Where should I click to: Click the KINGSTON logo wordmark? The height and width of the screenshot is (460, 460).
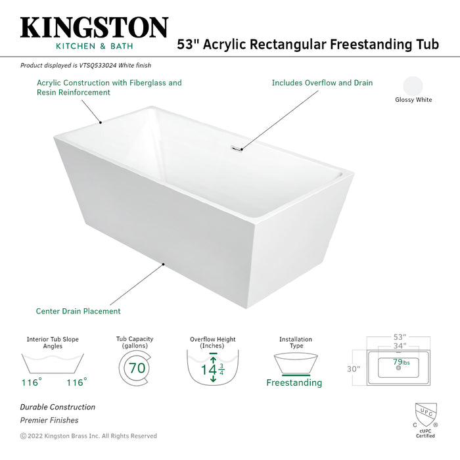tap(94, 28)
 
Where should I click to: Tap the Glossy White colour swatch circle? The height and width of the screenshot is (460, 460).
tap(413, 86)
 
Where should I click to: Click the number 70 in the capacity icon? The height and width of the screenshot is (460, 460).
tap(137, 368)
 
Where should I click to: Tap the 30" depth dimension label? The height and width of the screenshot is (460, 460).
tap(354, 369)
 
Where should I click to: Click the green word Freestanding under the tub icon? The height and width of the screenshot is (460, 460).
tap(294, 382)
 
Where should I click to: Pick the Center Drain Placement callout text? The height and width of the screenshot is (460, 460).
tap(78, 311)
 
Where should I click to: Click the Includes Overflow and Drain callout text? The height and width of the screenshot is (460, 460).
tap(322, 83)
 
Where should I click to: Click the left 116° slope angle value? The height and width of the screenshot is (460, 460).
tap(30, 381)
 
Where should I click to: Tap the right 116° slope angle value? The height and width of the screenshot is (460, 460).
tap(76, 381)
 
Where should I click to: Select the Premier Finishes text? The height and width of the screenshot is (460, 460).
tap(49, 421)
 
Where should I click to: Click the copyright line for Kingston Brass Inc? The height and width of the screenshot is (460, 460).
tap(89, 436)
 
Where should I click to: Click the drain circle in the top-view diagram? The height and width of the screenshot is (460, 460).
tap(398, 368)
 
